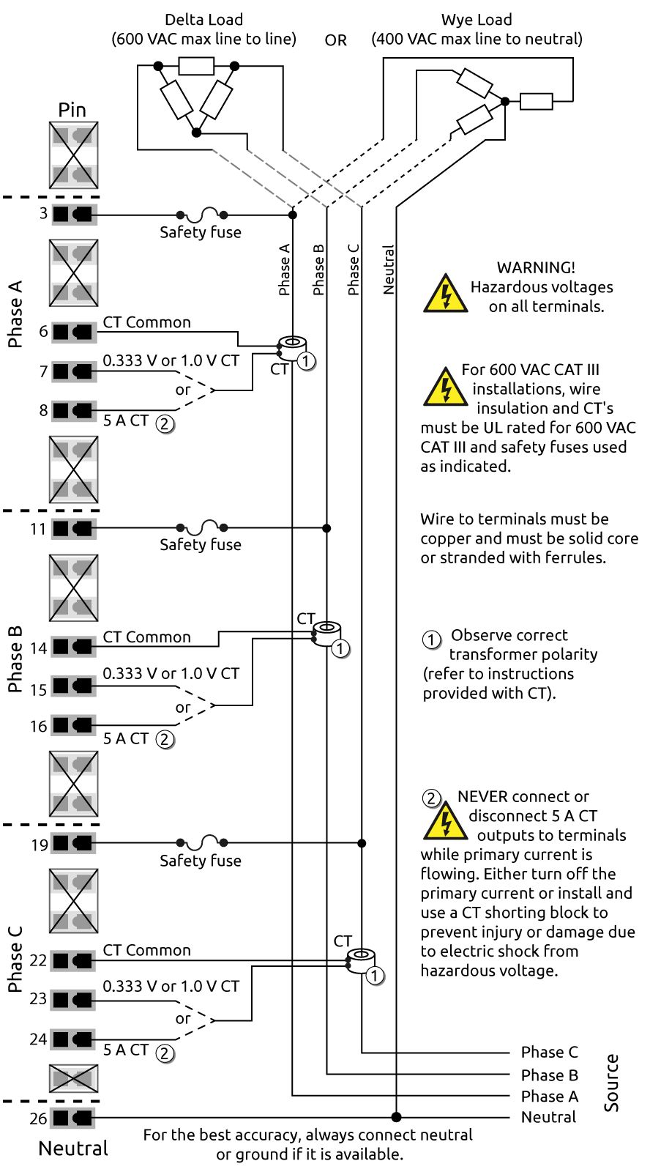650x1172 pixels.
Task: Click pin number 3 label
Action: (43, 213)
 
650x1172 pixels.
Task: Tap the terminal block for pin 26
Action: (73, 1118)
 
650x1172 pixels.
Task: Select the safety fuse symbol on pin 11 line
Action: (201, 527)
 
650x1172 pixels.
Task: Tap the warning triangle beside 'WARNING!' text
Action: (445, 294)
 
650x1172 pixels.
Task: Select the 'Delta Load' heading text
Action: (203, 20)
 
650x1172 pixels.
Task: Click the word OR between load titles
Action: (336, 40)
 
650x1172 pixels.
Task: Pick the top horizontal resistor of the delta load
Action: (196, 67)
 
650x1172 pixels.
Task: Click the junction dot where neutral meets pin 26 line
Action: (397, 1117)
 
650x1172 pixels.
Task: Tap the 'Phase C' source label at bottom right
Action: (549, 1053)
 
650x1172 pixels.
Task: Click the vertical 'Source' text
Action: (612, 1083)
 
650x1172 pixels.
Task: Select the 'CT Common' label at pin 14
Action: (146, 637)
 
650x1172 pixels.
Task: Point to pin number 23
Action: (38, 999)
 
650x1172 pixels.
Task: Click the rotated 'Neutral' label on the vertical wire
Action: (389, 270)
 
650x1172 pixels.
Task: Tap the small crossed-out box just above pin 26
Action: (73, 1078)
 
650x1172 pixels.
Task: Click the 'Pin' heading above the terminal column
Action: (72, 110)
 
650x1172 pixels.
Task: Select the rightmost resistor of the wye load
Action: (536, 101)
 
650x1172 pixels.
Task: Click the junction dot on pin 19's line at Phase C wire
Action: (362, 843)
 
